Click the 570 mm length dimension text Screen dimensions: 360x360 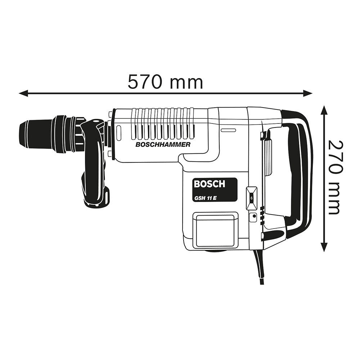(165, 82)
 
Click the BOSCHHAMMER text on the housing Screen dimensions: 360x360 (163, 144)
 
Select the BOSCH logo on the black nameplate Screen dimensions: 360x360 (209, 184)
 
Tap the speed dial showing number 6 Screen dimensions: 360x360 (251, 198)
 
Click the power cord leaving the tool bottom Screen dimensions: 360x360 (260, 266)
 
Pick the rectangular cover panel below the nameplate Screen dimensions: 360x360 (215, 230)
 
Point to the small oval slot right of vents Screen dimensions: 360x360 (228, 130)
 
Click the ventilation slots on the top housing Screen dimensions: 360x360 (162, 123)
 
